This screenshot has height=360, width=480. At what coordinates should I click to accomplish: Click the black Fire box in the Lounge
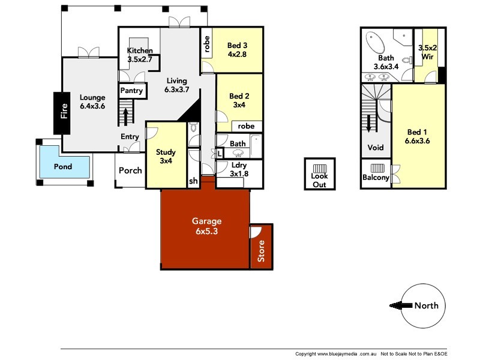point(62,113)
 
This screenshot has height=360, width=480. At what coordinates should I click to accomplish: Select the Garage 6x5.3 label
point(206,226)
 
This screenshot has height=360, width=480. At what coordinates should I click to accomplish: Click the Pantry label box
point(132,91)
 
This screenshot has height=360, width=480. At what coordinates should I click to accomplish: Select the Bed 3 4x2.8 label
point(237,50)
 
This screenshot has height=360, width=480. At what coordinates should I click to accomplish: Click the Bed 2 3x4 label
point(239,101)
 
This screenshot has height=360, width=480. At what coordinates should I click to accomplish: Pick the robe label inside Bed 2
point(246,127)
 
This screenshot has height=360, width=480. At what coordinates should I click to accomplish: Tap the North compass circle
point(423,305)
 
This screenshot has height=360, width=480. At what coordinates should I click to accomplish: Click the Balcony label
point(376,178)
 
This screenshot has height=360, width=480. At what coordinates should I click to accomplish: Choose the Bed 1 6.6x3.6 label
point(418,137)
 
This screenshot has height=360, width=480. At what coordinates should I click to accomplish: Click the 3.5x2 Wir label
point(427,52)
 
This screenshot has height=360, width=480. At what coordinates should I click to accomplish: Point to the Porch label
point(130,170)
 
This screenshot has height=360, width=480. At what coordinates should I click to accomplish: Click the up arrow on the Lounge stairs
point(125,113)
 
